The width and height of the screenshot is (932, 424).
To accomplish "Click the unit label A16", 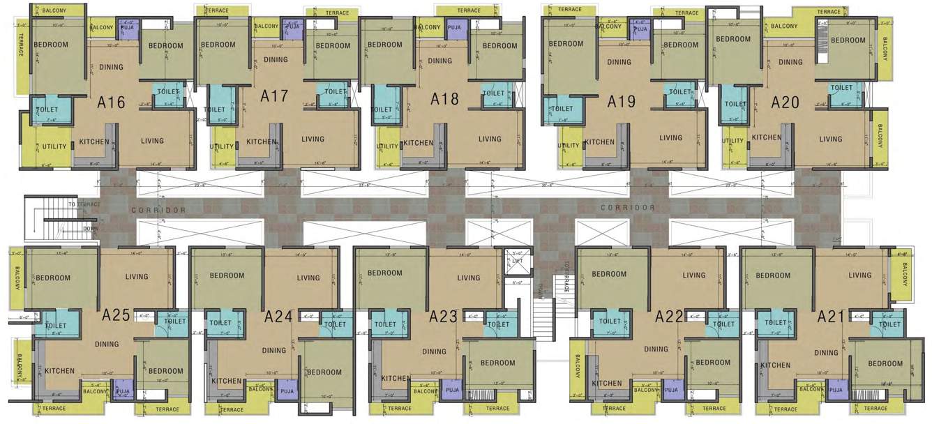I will click(112, 103).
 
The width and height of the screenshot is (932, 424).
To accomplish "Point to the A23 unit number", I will click(443, 317).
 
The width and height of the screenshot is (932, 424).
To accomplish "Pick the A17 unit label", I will click(274, 96).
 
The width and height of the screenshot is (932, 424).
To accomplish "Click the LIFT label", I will click(517, 261).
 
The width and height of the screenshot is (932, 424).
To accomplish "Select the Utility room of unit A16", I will click(54, 146).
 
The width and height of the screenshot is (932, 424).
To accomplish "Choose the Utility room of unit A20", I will click(732, 141).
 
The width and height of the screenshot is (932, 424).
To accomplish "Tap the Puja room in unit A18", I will click(454, 28).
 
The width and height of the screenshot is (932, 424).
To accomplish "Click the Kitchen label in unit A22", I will click(606, 383).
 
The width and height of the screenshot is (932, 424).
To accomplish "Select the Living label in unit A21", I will click(859, 275).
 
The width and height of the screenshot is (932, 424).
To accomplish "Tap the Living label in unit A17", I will click(313, 139).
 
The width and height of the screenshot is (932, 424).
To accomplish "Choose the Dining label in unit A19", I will click(619, 62).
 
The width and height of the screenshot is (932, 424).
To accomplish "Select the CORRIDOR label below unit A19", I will click(628, 208).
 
